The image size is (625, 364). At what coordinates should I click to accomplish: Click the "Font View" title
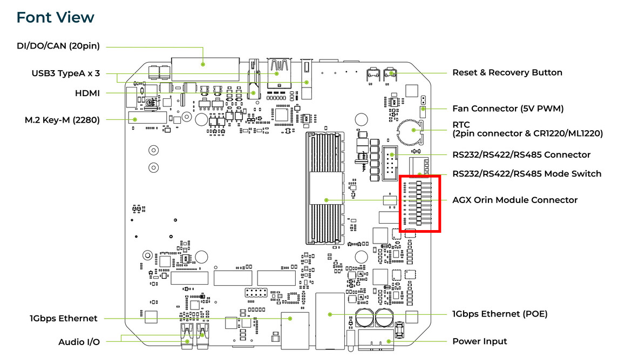[56, 17]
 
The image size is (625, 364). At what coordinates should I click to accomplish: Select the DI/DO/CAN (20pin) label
[58, 46]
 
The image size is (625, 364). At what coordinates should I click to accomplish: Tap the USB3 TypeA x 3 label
[65, 73]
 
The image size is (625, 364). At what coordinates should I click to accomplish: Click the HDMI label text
[87, 93]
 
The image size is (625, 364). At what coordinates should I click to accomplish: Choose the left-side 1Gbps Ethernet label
[64, 318]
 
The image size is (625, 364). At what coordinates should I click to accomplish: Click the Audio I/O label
[79, 341]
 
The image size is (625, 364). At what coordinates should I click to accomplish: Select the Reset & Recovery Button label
[507, 72]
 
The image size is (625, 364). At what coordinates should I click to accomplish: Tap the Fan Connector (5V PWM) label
[507, 109]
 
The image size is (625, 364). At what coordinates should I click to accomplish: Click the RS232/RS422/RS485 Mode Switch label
[526, 173]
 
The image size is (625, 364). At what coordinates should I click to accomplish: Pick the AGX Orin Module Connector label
[514, 200]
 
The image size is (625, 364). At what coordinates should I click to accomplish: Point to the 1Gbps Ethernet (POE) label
[500, 314]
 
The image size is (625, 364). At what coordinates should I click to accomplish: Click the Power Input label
[479, 341]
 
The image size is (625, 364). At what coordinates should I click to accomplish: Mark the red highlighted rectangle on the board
[420, 203]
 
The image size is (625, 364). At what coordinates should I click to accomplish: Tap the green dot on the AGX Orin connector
[327, 200]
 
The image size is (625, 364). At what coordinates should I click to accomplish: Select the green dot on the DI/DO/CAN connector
[203, 64]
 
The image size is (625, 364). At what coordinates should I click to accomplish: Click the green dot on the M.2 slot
[135, 119]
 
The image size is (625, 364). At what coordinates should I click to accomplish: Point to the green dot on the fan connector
[423, 109]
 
